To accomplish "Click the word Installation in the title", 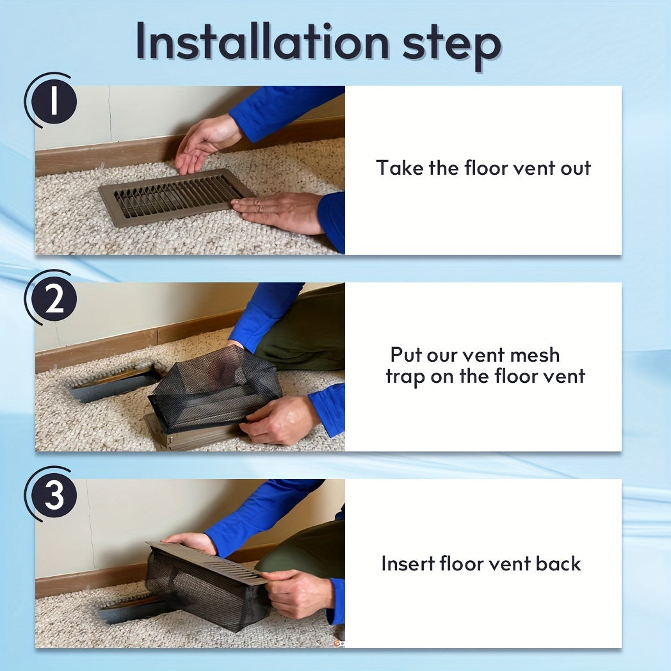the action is click(x=262, y=42).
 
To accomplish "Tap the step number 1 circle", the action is click(x=54, y=101).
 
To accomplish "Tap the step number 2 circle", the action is click(x=54, y=299).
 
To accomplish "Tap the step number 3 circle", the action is click(x=54, y=495).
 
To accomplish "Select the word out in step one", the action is click(x=576, y=168).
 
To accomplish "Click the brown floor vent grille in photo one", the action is click(x=174, y=197).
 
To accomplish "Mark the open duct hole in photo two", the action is click(x=115, y=384).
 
